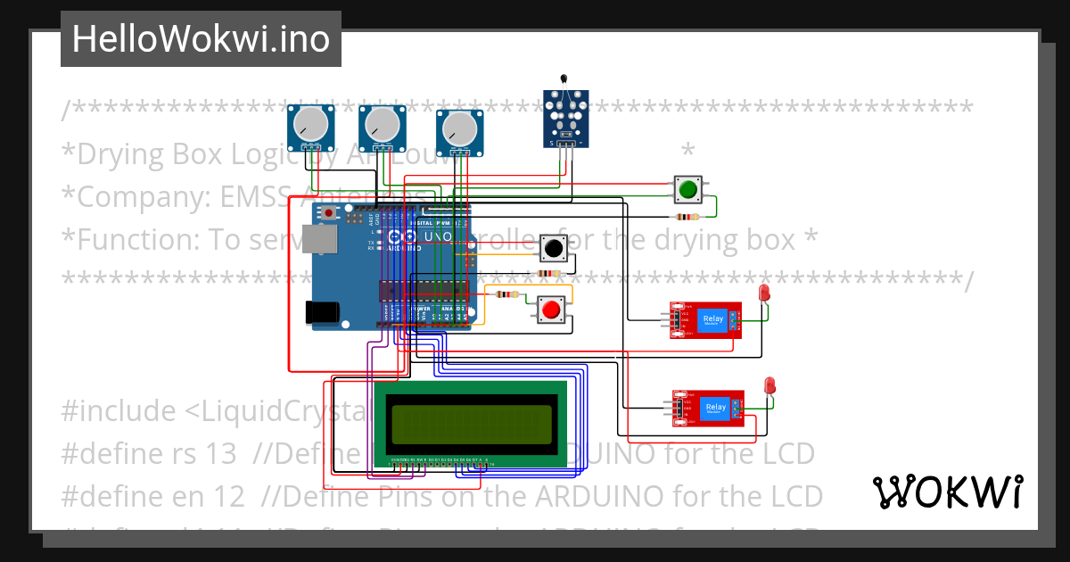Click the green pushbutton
click(x=687, y=189)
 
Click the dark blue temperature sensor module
click(x=565, y=118)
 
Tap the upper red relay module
click(x=706, y=320)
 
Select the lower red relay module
click(x=708, y=409)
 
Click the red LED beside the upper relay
click(x=764, y=293)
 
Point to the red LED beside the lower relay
click(x=770, y=386)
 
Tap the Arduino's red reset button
click(x=329, y=213)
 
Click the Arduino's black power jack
click(x=321, y=311)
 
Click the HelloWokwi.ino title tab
click(x=201, y=39)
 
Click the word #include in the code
click(x=118, y=411)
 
